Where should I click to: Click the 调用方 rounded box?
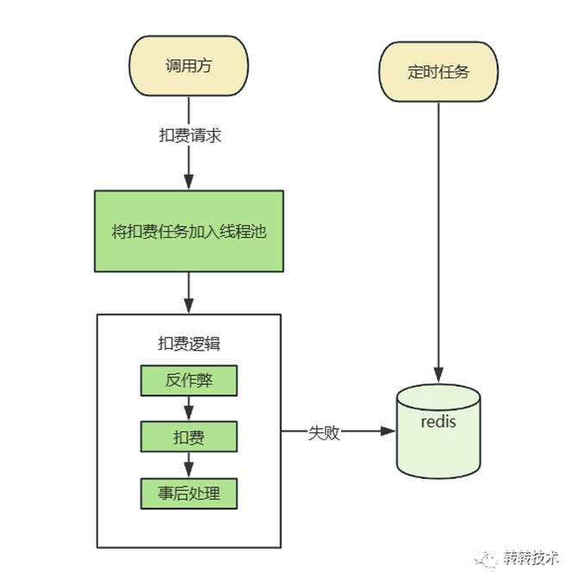point(189,66)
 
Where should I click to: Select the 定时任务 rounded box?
point(439,71)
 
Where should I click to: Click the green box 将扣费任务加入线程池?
point(189,231)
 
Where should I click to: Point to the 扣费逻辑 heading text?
point(189,343)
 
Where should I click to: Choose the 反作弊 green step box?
point(189,380)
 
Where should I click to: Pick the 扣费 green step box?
point(189,438)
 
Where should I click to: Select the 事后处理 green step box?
point(189,494)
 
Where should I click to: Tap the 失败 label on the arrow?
point(324,432)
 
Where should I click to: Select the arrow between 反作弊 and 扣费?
point(189,408)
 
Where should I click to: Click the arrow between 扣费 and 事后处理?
point(189,466)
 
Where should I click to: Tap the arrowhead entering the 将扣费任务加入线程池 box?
point(189,182)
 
